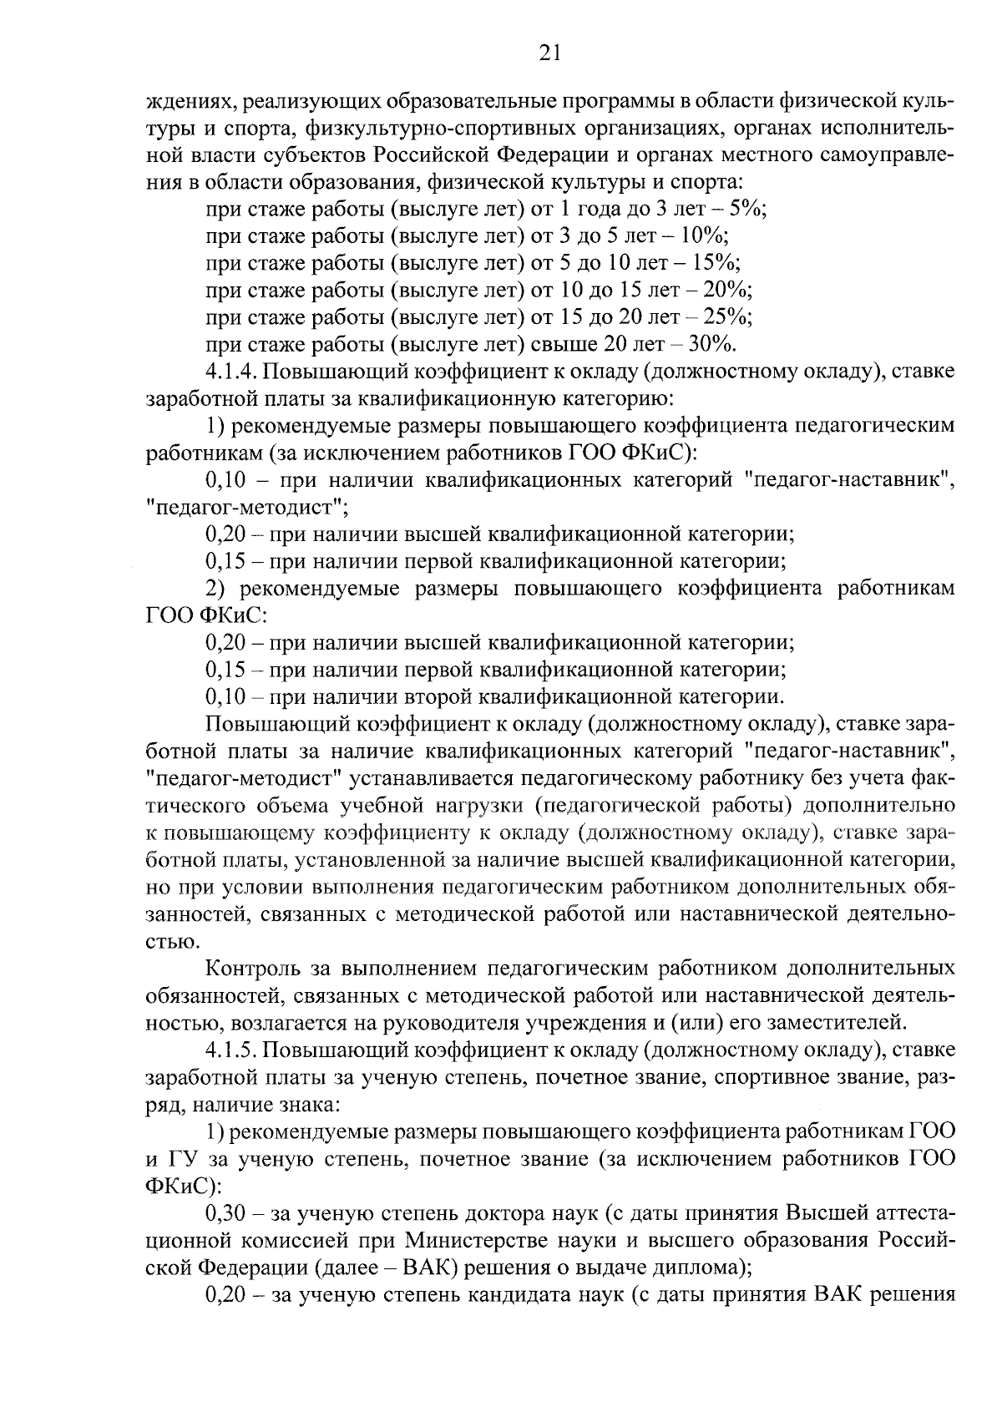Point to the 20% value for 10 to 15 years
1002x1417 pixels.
coord(731,290)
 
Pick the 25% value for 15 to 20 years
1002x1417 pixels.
coord(731,316)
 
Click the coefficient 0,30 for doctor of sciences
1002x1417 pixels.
coord(224,1212)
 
